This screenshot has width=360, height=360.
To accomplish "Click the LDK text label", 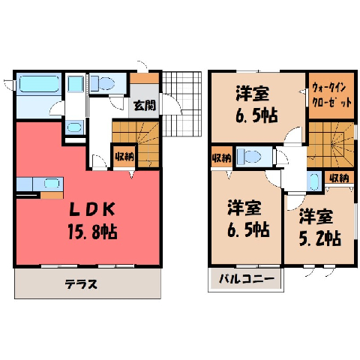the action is pyautogui.click(x=92, y=209).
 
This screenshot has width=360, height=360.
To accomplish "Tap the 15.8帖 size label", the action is pyautogui.click(x=92, y=232).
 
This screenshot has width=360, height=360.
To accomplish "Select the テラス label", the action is pyautogui.click(x=81, y=284).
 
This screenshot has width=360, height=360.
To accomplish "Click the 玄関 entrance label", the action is pyautogui.click(x=145, y=105).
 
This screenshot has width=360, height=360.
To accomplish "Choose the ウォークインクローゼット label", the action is pyautogui.click(x=332, y=94).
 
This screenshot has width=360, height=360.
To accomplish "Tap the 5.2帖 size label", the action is pyautogui.click(x=320, y=238).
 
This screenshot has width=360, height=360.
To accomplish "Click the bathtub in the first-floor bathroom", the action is pyautogui.click(x=39, y=84).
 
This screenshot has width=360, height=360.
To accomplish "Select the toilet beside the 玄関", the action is pyautogui.click(x=103, y=83).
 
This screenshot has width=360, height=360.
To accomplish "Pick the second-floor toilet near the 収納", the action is pyautogui.click(x=249, y=157).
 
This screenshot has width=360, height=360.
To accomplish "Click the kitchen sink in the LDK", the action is pyautogui.click(x=52, y=184).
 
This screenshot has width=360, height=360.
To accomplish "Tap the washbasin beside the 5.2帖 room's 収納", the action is pyautogui.click(x=313, y=181).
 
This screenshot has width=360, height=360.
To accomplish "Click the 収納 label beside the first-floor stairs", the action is pyautogui.click(x=124, y=157).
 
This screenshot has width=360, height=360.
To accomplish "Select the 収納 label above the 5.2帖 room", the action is pyautogui.click(x=339, y=178).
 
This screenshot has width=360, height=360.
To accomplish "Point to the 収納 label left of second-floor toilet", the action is pyautogui.click(x=222, y=157).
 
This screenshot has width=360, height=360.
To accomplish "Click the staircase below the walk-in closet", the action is pyautogui.click(x=331, y=145).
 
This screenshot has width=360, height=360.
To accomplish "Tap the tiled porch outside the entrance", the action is pyautogui.click(x=181, y=103).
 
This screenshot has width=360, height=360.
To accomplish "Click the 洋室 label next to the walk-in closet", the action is pyautogui.click(x=253, y=93).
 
